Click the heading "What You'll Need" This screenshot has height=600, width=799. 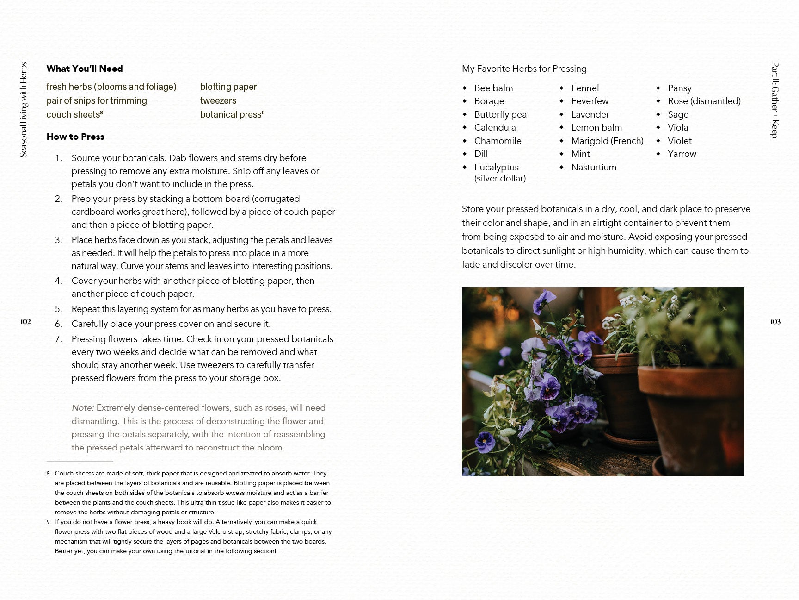85,69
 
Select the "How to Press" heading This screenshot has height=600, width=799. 75,137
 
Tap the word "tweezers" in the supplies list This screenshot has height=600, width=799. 218,100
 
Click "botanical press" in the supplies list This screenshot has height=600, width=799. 230,114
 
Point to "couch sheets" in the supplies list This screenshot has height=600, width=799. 73,114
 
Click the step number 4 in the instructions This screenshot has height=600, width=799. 59,281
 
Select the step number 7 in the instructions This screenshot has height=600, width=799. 59,339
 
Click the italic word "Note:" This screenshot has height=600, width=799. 83,408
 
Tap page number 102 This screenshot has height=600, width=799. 25,322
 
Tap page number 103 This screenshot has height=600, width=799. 775,322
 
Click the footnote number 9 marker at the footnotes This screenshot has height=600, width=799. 48,522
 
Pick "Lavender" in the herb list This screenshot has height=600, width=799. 590,114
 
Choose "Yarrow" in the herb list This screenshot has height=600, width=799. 682,154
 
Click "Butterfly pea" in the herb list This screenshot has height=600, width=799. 500,114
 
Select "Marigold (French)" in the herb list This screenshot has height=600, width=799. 607,141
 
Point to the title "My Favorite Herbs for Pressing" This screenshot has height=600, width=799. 524,69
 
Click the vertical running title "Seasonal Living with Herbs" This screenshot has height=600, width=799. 24,109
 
